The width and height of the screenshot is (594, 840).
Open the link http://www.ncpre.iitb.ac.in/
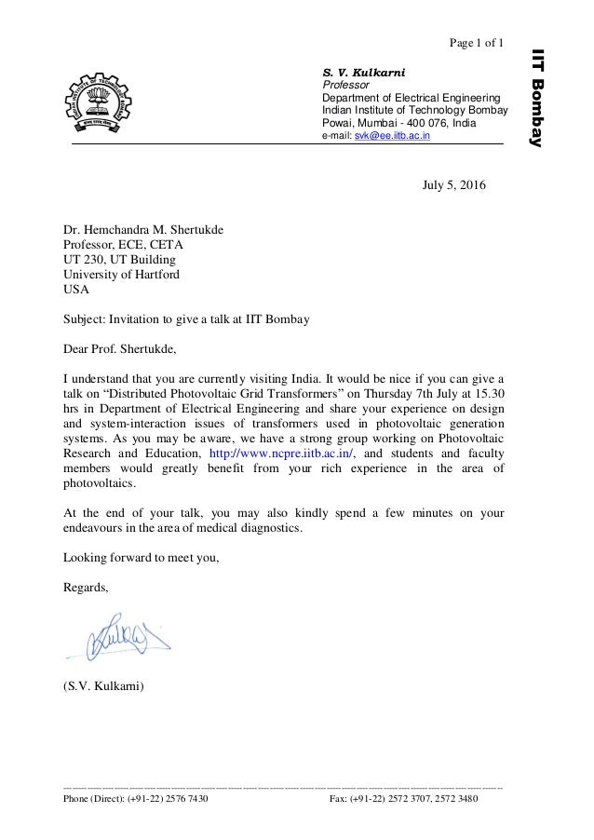[280, 454]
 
